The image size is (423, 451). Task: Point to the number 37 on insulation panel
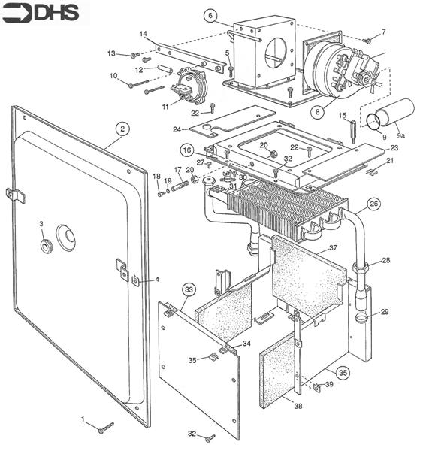click(x=331, y=248)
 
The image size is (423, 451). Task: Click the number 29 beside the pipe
click(x=385, y=311)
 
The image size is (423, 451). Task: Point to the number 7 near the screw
click(x=383, y=32)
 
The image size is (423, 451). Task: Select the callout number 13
click(x=112, y=53)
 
